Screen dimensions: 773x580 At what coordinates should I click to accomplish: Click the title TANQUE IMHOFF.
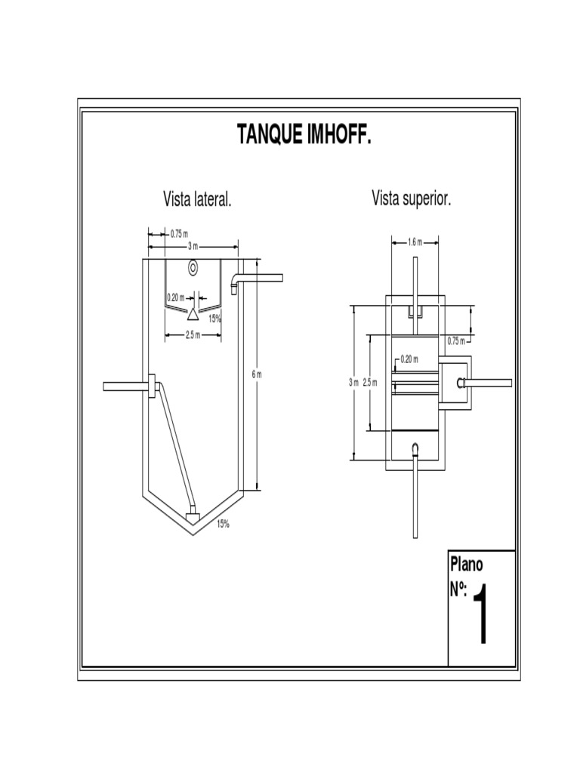304,135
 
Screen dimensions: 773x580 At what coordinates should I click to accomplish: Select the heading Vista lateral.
197,200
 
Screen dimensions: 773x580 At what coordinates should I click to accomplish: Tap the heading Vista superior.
412,199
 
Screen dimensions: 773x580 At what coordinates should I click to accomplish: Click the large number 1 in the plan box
480,614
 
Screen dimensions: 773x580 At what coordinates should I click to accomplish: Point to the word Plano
467,563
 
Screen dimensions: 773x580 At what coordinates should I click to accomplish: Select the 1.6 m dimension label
415,242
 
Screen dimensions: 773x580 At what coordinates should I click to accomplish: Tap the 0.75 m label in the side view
179,233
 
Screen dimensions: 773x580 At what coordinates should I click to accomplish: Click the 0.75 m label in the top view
456,340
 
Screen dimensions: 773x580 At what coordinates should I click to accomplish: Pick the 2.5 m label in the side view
193,335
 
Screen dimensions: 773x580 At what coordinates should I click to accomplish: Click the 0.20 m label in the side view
175,297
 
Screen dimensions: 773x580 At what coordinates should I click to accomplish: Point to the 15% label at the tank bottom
224,524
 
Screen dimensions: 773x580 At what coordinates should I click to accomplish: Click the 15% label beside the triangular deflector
215,319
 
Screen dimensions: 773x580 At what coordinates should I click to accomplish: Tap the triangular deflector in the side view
193,313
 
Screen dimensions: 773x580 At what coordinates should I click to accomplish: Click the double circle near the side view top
193,267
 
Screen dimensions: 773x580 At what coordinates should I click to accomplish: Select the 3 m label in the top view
353,382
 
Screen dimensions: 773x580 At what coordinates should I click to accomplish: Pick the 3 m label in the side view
193,247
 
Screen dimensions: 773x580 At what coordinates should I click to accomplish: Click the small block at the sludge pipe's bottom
193,517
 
